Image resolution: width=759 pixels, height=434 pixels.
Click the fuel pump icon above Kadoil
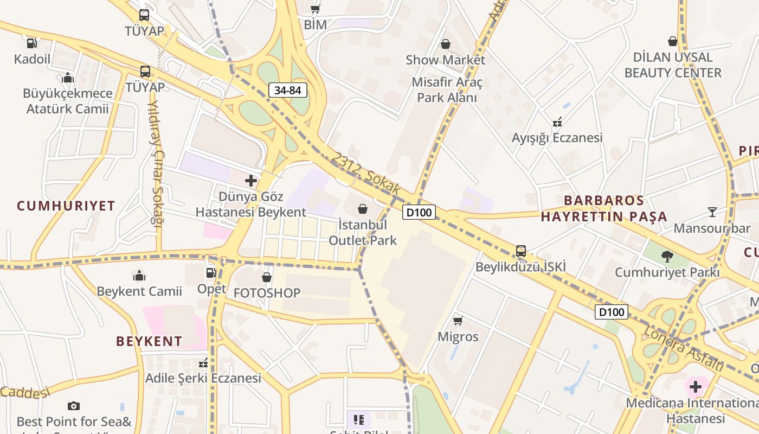point(32,43)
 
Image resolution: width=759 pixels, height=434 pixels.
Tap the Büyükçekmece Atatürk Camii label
point(68,101)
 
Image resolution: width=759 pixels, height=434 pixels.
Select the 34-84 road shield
point(287,90)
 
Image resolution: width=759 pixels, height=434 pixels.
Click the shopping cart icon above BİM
point(315,9)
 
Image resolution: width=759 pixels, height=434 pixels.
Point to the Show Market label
point(445,60)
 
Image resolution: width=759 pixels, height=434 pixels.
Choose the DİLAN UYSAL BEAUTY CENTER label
point(672,65)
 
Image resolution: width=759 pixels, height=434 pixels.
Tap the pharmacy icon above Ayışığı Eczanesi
point(557,122)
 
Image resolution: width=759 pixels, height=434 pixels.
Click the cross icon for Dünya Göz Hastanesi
point(251,181)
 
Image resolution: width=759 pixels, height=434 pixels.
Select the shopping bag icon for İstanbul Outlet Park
point(363,209)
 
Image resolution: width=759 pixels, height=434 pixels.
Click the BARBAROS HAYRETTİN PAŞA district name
point(604,209)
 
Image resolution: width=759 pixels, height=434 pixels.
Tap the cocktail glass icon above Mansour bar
point(712,212)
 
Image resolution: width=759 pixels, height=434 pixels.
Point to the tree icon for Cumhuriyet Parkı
point(667,256)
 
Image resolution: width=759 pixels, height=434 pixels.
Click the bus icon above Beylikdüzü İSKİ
point(520,251)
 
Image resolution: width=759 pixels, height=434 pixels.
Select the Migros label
point(458,337)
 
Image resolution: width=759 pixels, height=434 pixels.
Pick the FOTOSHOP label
point(267,293)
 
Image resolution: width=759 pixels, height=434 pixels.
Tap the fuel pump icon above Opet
point(211,273)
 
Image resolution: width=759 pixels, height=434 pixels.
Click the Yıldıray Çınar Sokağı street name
point(156,163)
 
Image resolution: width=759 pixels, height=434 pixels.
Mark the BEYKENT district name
point(149,341)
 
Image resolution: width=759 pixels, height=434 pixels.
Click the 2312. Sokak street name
point(366,174)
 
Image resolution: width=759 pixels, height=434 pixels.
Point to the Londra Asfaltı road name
point(683,348)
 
